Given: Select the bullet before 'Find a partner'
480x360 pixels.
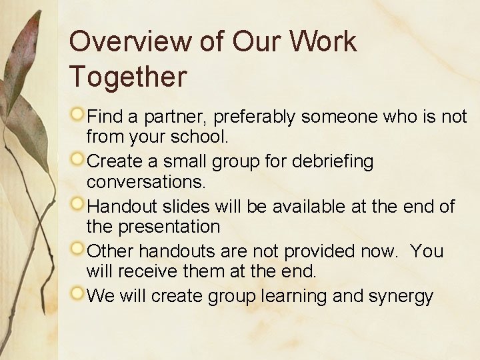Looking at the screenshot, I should [78, 115].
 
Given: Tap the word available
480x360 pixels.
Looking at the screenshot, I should [321, 206].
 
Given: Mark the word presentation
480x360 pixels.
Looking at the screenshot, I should [169, 227].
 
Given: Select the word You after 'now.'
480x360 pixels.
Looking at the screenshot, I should [427, 251].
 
